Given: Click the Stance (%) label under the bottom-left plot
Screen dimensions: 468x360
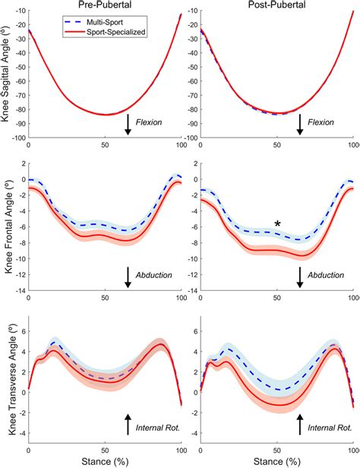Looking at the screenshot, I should coord(104,460).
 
